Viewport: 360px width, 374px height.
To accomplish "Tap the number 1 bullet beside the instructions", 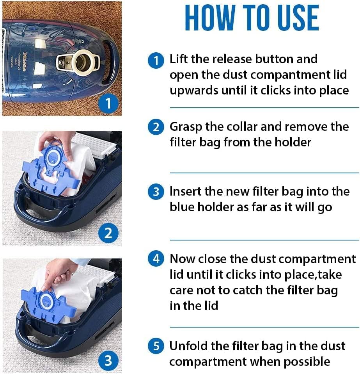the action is (156, 61).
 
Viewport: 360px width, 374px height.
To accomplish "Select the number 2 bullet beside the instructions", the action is (156, 127).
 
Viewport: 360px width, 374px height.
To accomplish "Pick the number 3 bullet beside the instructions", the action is (156, 192).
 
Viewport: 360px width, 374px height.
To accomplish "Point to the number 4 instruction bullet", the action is (156, 259).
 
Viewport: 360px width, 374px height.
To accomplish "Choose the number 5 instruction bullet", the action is (156, 346).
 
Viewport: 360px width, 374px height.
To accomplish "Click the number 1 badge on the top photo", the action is (108, 103).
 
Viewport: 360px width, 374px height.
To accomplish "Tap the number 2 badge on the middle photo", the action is (108, 233).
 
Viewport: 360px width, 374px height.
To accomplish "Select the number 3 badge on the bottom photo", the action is (108, 361).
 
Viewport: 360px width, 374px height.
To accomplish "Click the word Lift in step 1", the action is (179, 59).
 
